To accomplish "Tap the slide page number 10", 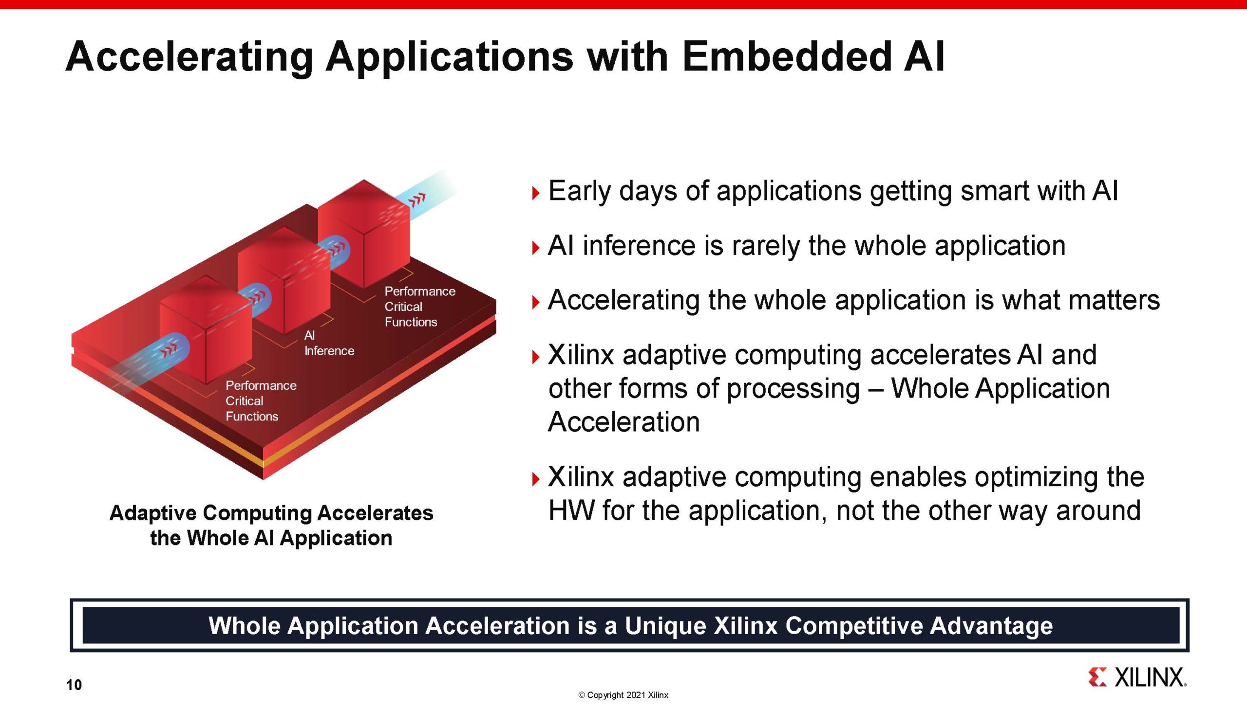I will (74, 685).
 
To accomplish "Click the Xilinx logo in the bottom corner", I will (1137, 677).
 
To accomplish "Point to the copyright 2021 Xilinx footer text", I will (623, 695).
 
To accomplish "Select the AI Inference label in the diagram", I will (328, 343).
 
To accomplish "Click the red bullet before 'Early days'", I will (536, 194).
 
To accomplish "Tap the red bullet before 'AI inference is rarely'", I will (536, 248).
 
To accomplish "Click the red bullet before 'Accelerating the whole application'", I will (536, 303).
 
